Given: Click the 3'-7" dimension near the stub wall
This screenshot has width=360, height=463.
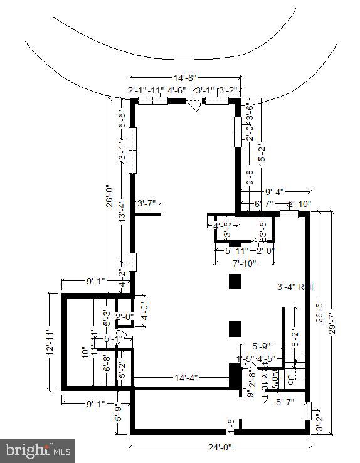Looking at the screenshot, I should pyautogui.click(x=149, y=203).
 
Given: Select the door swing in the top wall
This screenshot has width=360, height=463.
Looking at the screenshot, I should pyautogui.click(x=196, y=106).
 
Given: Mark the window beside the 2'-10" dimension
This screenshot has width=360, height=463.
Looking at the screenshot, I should pyautogui.click(x=289, y=214).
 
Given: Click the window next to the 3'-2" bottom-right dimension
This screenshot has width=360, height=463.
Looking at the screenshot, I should pyautogui.click(x=307, y=410).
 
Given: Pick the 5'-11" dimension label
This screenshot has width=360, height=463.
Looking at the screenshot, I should pyautogui.click(x=237, y=250).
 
